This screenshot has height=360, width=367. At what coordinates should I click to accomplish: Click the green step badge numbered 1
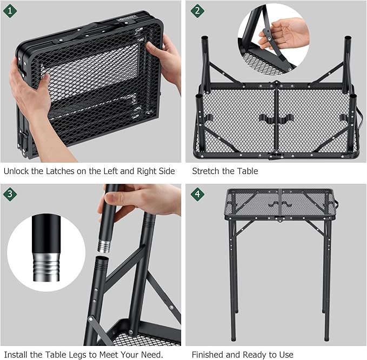tap(10, 10)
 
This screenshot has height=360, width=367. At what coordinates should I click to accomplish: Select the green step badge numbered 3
tap(10, 194)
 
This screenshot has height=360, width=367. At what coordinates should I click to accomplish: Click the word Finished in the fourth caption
tap(208, 354)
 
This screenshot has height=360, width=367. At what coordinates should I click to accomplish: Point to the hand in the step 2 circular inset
tap(284, 34)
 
